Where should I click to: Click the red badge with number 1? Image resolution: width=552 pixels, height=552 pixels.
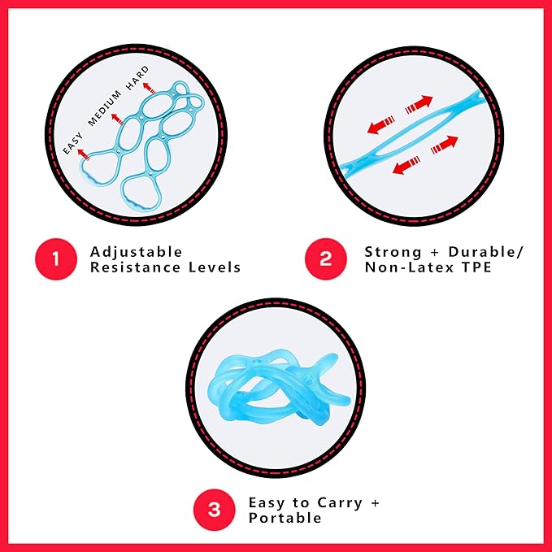tap(55, 259)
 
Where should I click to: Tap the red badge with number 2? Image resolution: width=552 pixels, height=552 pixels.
tap(326, 259)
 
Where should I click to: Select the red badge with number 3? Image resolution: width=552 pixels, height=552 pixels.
tap(214, 510)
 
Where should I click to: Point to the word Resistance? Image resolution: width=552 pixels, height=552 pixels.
tap(131, 267)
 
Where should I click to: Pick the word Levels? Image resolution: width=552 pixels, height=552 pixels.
tap(212, 267)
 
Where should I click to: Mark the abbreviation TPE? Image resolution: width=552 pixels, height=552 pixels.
tap(476, 267)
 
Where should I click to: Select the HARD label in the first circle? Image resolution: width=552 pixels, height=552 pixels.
tap(137, 79)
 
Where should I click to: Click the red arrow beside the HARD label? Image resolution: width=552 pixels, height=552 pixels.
tap(148, 87)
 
